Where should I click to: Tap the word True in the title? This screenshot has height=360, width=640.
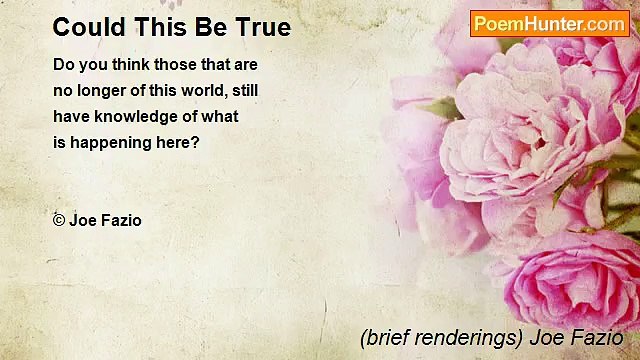click(263, 27)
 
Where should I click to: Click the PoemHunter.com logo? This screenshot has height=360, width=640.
click(550, 23)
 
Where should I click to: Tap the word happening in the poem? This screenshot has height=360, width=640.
click(109, 143)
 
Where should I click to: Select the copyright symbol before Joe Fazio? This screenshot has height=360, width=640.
click(59, 220)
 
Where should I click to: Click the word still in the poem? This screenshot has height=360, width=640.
click(246, 91)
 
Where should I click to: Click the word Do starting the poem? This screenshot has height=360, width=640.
click(64, 65)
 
